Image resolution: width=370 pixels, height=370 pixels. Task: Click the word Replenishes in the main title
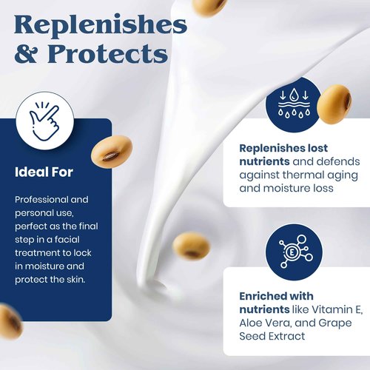tap(101, 26)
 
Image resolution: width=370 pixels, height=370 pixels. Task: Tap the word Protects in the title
tap(108, 53)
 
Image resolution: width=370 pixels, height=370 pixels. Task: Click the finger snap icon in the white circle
tap(44, 121)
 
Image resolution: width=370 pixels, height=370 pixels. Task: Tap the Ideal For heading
tap(44, 172)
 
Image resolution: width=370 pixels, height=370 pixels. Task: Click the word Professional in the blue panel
tap(41, 200)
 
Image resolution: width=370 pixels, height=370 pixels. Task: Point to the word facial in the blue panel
tap(67, 239)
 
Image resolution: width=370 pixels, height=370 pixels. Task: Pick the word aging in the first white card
tap(343, 175)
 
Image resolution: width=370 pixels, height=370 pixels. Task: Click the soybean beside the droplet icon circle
tap(334, 104)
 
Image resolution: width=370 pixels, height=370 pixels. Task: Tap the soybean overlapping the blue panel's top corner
tap(112, 151)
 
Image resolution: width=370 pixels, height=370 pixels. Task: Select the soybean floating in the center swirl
tap(191, 246)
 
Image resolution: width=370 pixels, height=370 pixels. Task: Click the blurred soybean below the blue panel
tap(10, 321)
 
